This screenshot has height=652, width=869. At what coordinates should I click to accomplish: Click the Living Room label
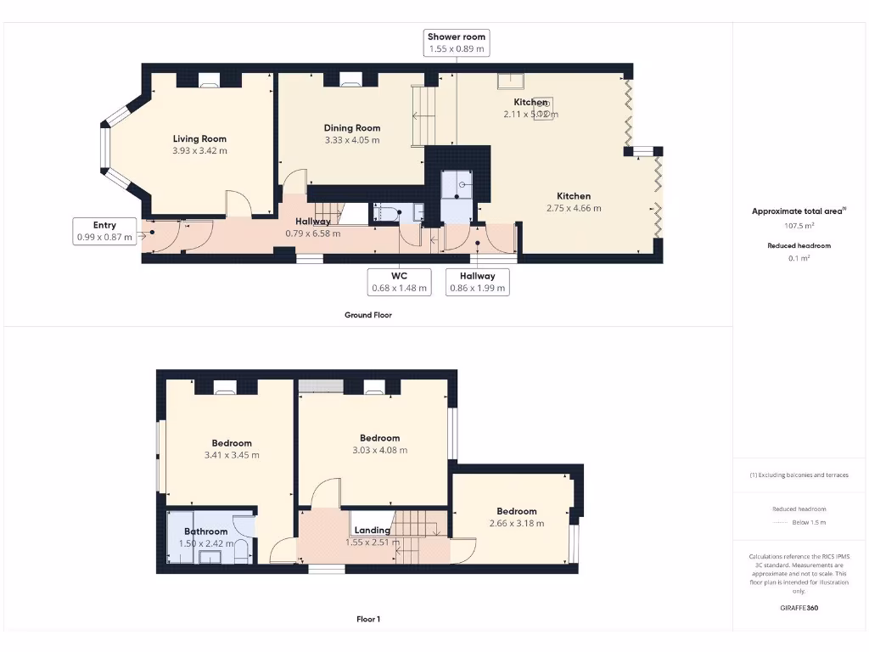coord(199,138)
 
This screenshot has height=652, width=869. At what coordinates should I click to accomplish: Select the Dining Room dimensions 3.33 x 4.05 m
coord(351,140)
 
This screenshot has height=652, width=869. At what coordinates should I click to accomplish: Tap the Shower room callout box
coord(457,42)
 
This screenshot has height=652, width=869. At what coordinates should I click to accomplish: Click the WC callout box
coord(399,282)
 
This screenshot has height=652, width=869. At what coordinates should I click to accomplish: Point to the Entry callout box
coord(104,231)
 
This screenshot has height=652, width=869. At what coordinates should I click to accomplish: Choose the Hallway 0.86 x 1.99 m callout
coord(477,282)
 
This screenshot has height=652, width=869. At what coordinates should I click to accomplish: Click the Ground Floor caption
coord(367,315)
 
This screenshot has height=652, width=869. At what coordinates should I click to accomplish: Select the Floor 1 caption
coord(367,620)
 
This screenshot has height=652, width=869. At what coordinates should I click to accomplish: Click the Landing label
coord(373,531)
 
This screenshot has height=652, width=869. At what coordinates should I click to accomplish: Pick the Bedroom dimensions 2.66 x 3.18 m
coord(516,524)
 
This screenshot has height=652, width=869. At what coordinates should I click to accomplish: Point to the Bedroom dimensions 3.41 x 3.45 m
coord(232,455)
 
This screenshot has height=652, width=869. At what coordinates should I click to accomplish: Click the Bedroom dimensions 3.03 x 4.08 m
coord(379,450)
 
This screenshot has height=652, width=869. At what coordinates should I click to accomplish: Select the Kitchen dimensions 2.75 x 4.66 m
coord(574,208)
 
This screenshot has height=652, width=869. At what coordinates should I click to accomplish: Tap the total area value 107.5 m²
coord(798,226)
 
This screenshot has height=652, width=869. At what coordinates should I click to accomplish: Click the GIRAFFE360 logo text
coord(799,608)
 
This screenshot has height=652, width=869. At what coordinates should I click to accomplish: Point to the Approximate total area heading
coord(797,211)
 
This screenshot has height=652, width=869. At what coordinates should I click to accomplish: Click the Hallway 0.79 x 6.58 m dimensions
coord(312,233)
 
